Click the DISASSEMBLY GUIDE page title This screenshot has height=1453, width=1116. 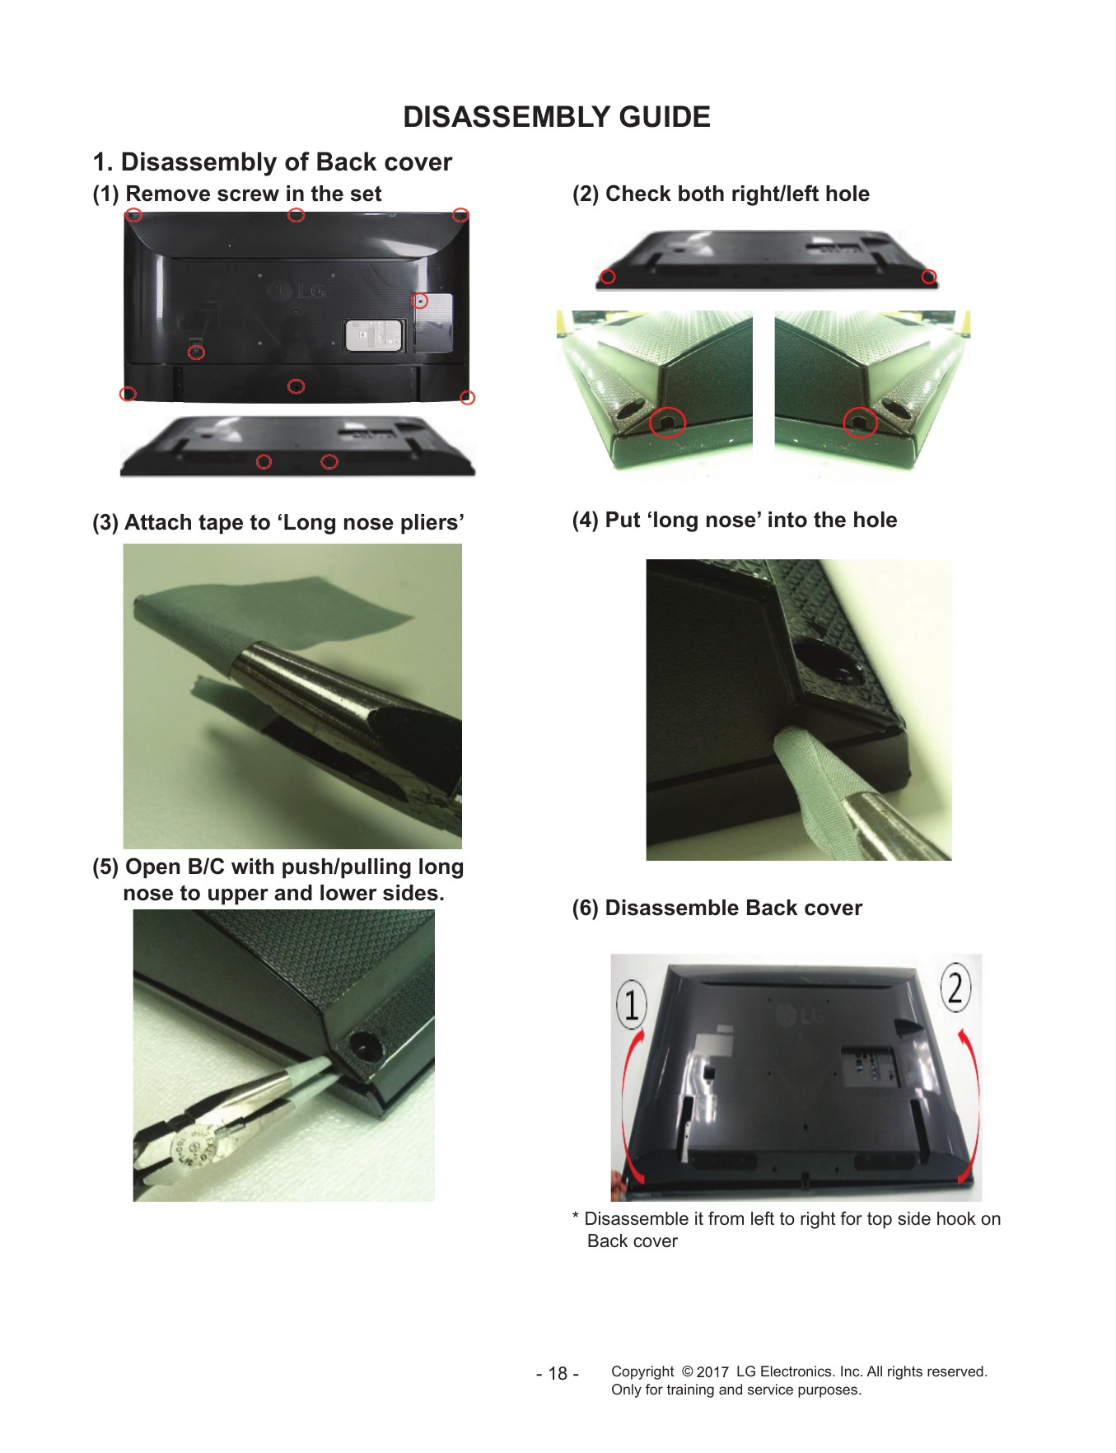coord(557,117)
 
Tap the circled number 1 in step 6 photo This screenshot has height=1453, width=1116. coord(632,1005)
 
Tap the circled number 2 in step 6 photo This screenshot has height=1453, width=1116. coord(955,987)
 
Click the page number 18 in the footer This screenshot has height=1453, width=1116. coord(558,1373)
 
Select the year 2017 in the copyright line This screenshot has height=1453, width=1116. coord(712,1371)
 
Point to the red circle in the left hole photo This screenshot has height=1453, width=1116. coord(667,423)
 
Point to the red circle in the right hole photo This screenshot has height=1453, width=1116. coord(860,423)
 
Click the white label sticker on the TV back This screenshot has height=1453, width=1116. coord(374,335)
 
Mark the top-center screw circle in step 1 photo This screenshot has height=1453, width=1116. coord(296,215)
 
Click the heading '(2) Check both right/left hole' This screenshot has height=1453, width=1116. coord(721,194)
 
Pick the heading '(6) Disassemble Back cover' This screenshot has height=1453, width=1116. coord(717,908)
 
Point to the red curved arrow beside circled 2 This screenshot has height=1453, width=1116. coord(971,1104)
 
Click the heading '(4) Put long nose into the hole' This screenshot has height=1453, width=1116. coord(735,520)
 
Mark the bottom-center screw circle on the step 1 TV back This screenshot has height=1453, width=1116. coord(296,386)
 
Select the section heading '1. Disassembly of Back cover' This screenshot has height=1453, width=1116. coord(273,161)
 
